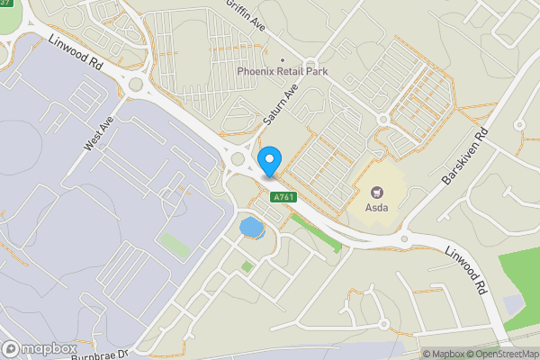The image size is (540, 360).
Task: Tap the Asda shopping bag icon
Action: click(x=376, y=190)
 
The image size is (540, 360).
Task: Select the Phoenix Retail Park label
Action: click(x=282, y=71)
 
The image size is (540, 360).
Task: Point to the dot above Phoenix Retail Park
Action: click(x=282, y=61)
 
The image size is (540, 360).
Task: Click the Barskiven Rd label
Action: click(x=465, y=155)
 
